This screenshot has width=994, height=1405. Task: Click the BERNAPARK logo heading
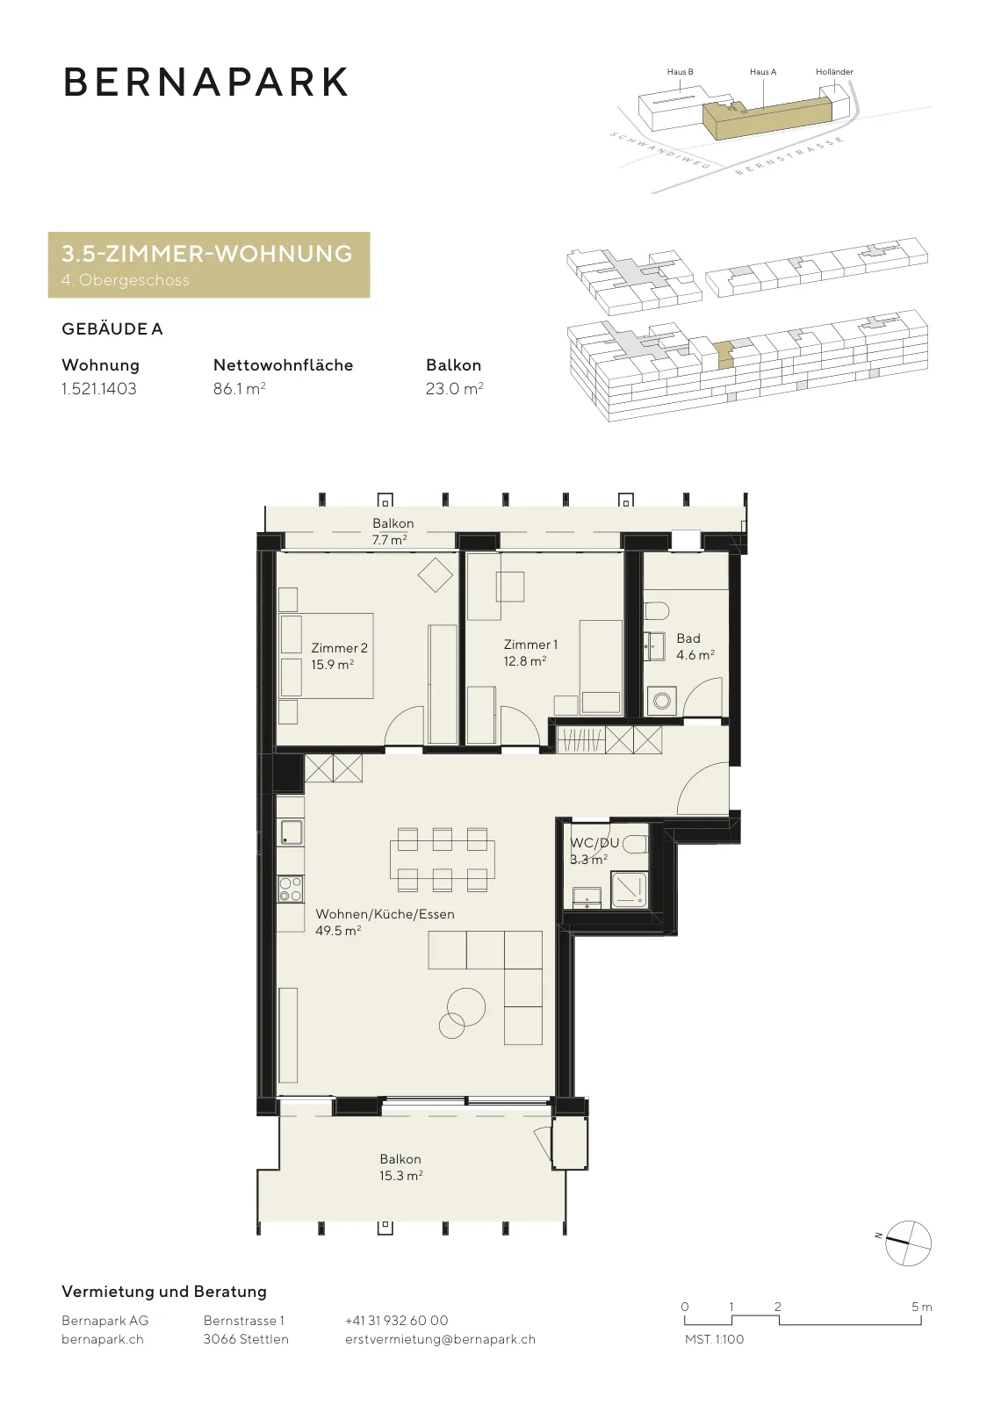pos(205,83)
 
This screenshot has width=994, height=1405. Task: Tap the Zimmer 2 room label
pos(339,656)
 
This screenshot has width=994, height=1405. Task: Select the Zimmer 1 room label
pos(530,652)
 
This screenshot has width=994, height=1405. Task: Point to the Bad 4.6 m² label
pos(695,646)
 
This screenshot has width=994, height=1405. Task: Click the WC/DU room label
pos(594,843)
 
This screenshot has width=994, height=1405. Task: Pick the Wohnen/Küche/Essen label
pos(385,914)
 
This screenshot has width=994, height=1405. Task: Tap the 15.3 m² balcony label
pos(400,1176)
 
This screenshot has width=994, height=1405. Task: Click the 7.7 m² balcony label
pos(390,539)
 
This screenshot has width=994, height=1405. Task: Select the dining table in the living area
pos(443,860)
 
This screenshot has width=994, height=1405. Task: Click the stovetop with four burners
pos(291,890)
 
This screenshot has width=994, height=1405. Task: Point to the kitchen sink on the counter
pos(291,833)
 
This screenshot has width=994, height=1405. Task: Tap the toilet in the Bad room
pos(657,610)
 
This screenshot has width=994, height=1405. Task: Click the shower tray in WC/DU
pos(629,890)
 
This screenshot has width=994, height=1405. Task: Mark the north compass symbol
pos(907,1243)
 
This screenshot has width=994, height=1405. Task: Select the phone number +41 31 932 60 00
pos(396,1321)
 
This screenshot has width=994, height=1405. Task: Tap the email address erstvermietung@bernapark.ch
pos(440,1339)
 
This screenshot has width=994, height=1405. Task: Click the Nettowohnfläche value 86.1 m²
pos(239,389)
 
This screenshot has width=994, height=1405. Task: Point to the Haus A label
pos(763,71)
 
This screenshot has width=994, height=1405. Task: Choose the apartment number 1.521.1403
pos(98,389)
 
